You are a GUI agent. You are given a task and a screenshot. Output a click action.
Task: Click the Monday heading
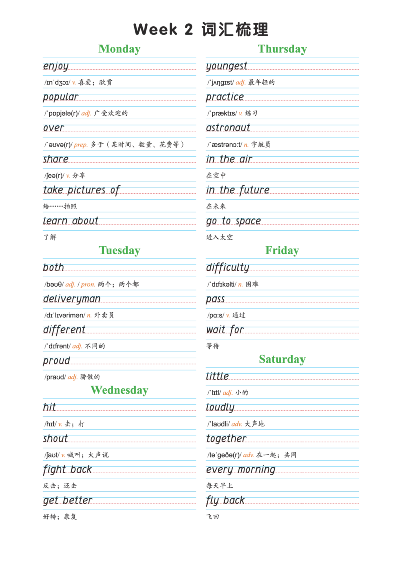click(120, 49)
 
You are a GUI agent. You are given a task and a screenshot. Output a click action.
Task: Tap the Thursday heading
click(282, 49)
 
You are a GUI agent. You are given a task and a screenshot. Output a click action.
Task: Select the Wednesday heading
click(120, 390)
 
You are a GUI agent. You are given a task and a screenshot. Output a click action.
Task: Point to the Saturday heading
click(282, 359)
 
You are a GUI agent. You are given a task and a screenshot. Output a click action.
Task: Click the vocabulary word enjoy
click(56, 66)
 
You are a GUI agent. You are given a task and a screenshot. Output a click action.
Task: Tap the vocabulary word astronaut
click(228, 128)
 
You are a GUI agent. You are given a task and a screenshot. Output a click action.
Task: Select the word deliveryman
click(72, 299)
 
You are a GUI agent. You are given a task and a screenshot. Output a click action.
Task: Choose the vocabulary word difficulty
click(228, 268)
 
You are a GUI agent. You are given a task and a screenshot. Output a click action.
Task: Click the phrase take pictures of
click(81, 190)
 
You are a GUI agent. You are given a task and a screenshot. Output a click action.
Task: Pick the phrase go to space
click(233, 221)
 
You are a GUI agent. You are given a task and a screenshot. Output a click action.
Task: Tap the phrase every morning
click(241, 470)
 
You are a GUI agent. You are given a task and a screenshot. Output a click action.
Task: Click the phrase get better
click(68, 500)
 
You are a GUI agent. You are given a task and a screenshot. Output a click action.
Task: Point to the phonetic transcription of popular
click(62, 113)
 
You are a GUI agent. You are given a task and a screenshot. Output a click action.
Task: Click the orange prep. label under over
click(81, 145)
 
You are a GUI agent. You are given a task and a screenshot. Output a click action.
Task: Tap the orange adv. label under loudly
click(237, 424)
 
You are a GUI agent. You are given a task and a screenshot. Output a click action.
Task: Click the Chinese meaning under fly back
click(213, 517)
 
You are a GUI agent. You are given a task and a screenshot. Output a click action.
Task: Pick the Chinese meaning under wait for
click(213, 346)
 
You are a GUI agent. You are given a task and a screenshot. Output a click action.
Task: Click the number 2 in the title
click(189, 30)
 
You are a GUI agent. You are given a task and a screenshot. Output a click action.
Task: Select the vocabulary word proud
click(57, 361)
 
